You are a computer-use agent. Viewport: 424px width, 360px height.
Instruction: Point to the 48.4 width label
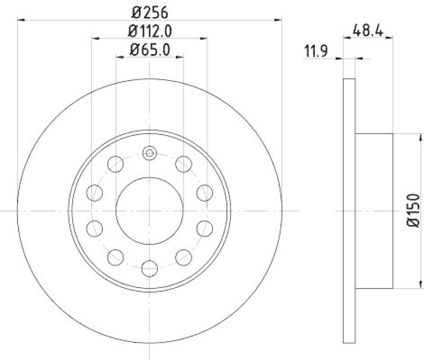(x=368, y=30)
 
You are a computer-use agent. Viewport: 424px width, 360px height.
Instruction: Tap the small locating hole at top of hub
(x=149, y=154)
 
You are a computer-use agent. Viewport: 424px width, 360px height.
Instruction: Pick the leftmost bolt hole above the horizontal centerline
(x=95, y=192)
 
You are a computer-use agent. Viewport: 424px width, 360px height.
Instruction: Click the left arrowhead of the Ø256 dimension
(x=21, y=21)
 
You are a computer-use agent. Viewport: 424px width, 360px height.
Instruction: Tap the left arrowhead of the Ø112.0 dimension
(x=95, y=38)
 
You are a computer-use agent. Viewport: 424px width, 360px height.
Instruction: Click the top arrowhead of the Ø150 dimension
(x=408, y=136)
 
